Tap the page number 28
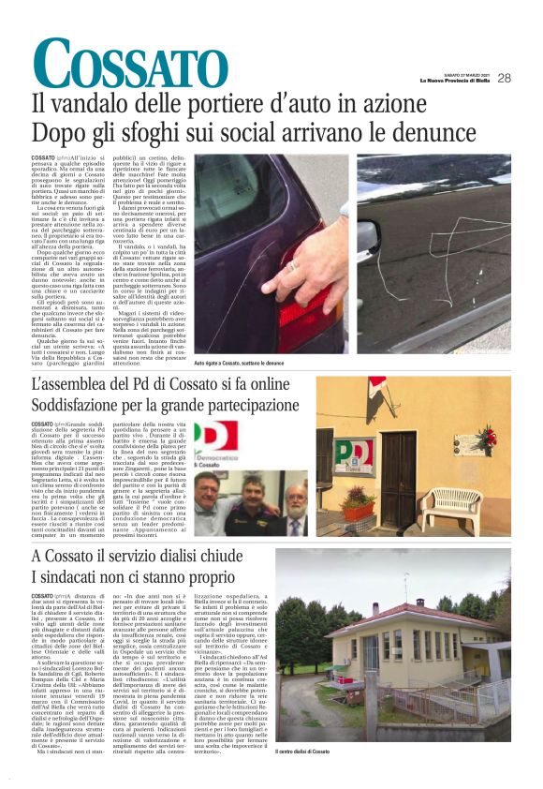(x=504, y=78)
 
